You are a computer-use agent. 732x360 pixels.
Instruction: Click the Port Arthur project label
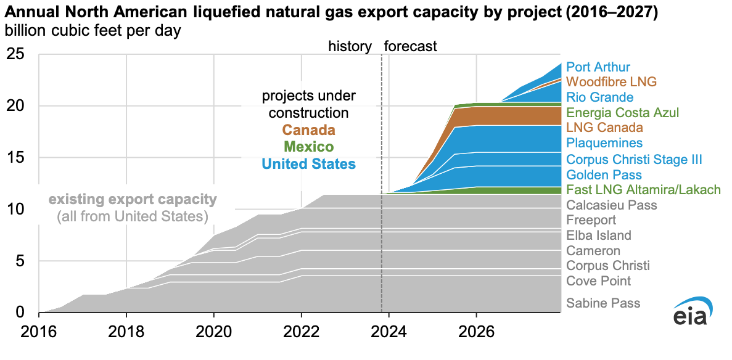(598, 67)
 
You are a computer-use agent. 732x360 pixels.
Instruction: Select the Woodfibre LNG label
(611, 81)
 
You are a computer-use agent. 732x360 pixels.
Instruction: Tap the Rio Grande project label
(599, 97)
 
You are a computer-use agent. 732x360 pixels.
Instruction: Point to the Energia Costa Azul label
(622, 113)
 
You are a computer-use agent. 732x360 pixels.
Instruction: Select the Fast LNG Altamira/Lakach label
(643, 190)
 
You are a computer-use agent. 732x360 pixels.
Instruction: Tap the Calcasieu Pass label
(611, 205)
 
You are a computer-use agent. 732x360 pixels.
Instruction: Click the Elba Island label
(598, 235)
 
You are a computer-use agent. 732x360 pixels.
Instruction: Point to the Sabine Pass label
(603, 303)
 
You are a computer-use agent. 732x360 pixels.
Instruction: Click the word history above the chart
(350, 46)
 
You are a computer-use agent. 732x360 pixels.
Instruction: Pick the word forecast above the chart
(410, 46)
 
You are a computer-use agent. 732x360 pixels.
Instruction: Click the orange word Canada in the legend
(309, 130)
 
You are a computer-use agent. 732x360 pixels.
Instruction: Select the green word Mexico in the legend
(309, 147)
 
